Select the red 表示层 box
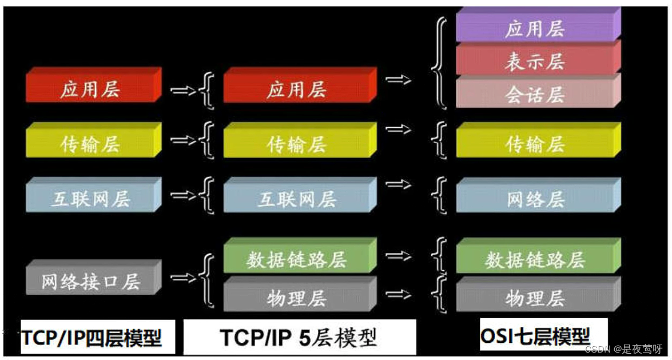pos(535,61)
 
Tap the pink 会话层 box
pos(535,94)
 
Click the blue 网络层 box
pos(535,199)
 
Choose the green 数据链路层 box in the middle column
pos(297,259)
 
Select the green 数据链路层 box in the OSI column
pos(535,259)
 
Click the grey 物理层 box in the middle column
pos(297,297)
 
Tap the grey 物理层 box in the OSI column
pos(535,297)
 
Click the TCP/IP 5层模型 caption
pos(299,338)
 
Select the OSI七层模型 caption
pos(535,335)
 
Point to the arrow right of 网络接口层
pos(182,278)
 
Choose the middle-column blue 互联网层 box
pos(297,199)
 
